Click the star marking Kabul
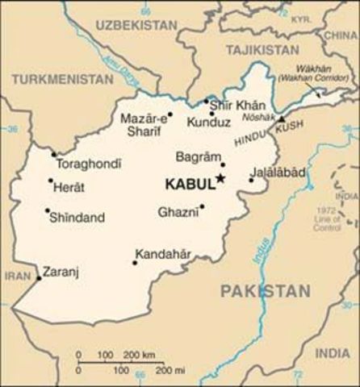click(x=220, y=181)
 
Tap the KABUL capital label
click(x=189, y=185)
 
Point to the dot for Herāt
click(x=51, y=181)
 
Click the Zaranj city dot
click(x=38, y=278)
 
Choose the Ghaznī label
click(x=178, y=211)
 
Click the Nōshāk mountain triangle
click(x=281, y=119)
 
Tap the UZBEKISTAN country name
click(x=128, y=26)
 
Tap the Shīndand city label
click(x=76, y=217)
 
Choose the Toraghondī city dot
click(x=53, y=153)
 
